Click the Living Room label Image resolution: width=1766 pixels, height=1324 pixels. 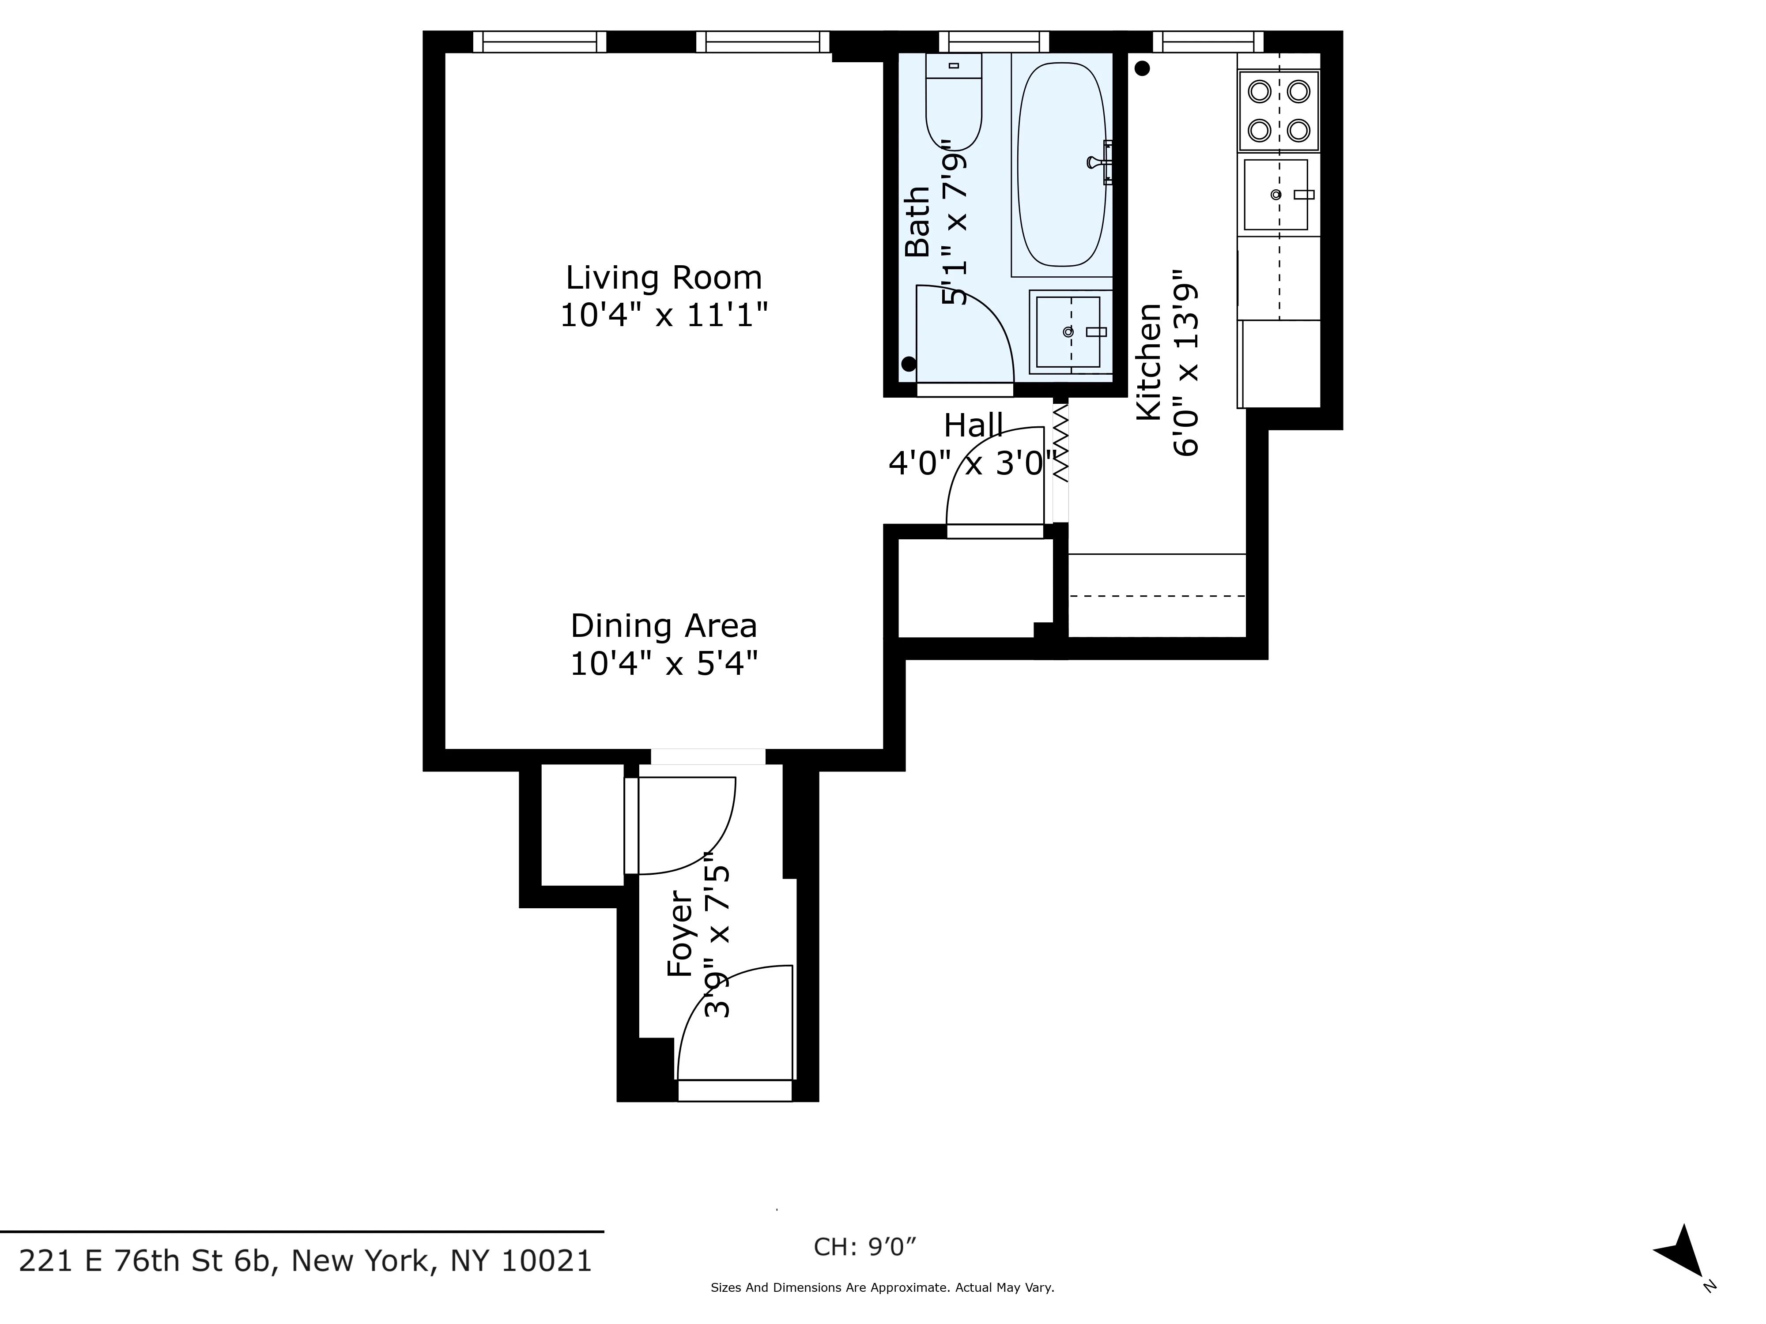click(664, 278)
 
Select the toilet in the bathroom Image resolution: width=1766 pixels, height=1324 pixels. click(953, 104)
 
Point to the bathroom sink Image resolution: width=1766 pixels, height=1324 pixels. click(1068, 331)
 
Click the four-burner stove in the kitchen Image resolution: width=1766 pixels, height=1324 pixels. click(1278, 111)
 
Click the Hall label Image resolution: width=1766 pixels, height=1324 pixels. click(973, 425)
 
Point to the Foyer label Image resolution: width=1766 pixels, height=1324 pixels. click(680, 934)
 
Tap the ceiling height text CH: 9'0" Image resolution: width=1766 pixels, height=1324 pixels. click(864, 1247)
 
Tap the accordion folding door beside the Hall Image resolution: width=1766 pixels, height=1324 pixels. click(1060, 443)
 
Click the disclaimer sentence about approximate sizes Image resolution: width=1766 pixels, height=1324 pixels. click(882, 1287)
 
